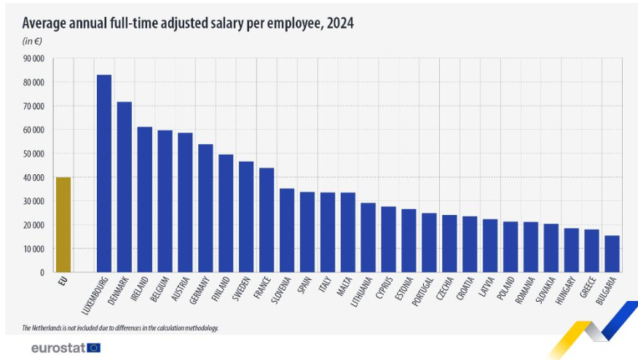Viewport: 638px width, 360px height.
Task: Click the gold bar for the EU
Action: click(x=63, y=224)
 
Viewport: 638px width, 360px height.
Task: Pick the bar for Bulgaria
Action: click(x=613, y=254)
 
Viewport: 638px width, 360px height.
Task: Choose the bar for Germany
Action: click(x=205, y=208)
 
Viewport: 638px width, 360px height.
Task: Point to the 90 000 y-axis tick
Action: click(x=34, y=58)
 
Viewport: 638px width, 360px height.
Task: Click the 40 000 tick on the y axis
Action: click(x=34, y=178)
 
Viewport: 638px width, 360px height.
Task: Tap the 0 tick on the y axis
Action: click(x=42, y=273)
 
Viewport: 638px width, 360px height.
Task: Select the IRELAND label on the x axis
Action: click(x=140, y=289)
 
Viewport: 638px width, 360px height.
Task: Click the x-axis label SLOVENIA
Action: click(x=280, y=292)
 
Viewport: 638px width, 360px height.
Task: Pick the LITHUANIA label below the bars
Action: click(x=361, y=293)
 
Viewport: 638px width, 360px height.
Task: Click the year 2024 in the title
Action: click(x=339, y=23)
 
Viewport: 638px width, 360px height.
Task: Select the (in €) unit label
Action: click(x=32, y=41)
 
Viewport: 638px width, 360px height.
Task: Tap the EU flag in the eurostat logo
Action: click(x=93, y=348)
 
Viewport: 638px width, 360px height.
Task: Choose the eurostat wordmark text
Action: click(x=58, y=348)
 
